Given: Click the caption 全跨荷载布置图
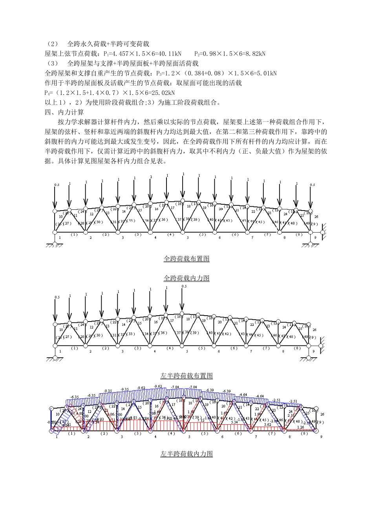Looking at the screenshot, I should (186, 259).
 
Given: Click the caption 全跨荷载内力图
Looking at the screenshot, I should (186, 278).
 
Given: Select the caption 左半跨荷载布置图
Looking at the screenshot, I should (186, 376).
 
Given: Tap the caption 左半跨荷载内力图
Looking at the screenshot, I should (186, 454).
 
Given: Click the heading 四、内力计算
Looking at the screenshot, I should (64, 112).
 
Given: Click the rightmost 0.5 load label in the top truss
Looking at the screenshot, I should (312, 185).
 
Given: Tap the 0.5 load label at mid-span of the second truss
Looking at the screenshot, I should (184, 287).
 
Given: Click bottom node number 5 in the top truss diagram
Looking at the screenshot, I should (188, 238).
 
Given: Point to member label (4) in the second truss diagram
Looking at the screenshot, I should (170, 348).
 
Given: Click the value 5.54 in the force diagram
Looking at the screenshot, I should (234, 422).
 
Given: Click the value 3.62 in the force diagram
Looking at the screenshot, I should (267, 425).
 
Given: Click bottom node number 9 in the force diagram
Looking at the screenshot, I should (321, 437).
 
